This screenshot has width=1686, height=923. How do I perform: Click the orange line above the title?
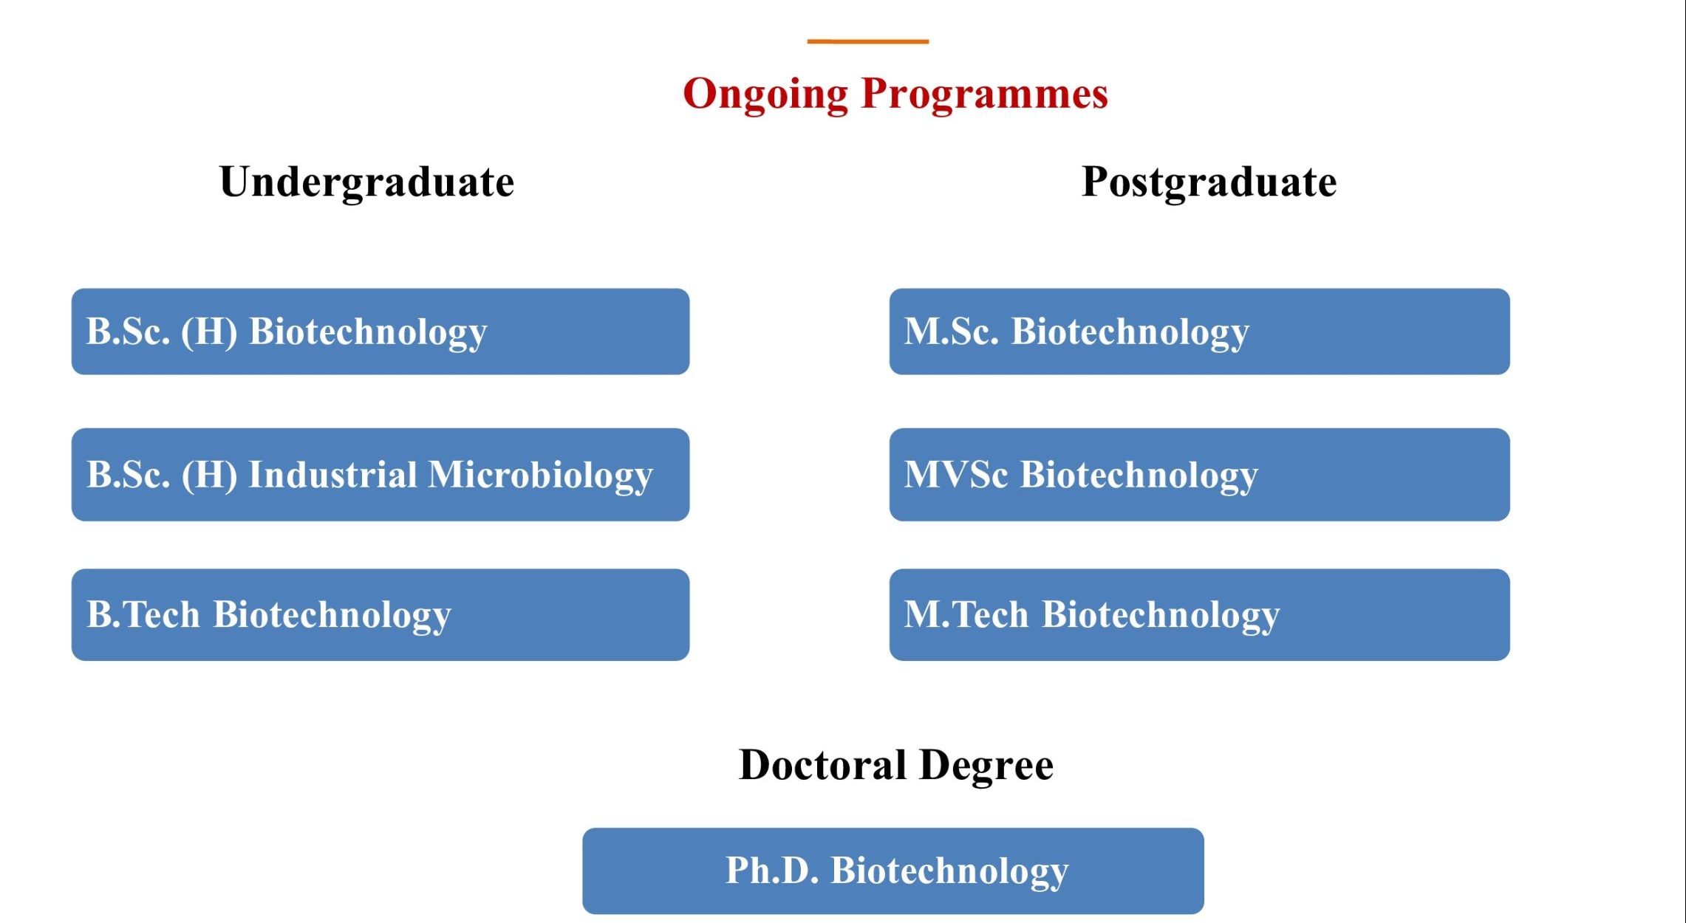[x=867, y=41]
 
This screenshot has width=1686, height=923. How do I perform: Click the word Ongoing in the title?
[x=765, y=95]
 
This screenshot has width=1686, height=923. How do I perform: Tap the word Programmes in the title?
[x=985, y=95]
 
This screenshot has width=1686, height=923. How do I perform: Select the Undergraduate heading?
[x=366, y=182]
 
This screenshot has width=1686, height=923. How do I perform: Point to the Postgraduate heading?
[x=1209, y=182]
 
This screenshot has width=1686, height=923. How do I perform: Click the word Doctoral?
[x=822, y=764]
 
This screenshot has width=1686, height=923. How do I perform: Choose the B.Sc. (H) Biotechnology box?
[x=380, y=332]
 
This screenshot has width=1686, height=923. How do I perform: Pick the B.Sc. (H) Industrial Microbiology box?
[x=380, y=475]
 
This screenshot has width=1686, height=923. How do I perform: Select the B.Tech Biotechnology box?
[x=380, y=614]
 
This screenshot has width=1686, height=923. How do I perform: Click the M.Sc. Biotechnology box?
[x=1199, y=332]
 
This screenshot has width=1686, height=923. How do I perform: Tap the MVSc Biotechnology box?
[x=1199, y=475]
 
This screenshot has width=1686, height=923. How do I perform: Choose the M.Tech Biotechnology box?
[x=1199, y=614]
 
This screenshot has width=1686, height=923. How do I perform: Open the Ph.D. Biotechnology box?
[x=893, y=871]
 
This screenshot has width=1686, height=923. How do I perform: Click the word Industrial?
[x=333, y=474]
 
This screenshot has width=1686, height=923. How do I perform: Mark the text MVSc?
[x=956, y=474]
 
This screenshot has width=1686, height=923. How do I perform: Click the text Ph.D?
[x=772, y=870]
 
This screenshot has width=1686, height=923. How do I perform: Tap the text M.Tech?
[x=966, y=614]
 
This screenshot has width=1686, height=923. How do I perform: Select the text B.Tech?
[x=143, y=614]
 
